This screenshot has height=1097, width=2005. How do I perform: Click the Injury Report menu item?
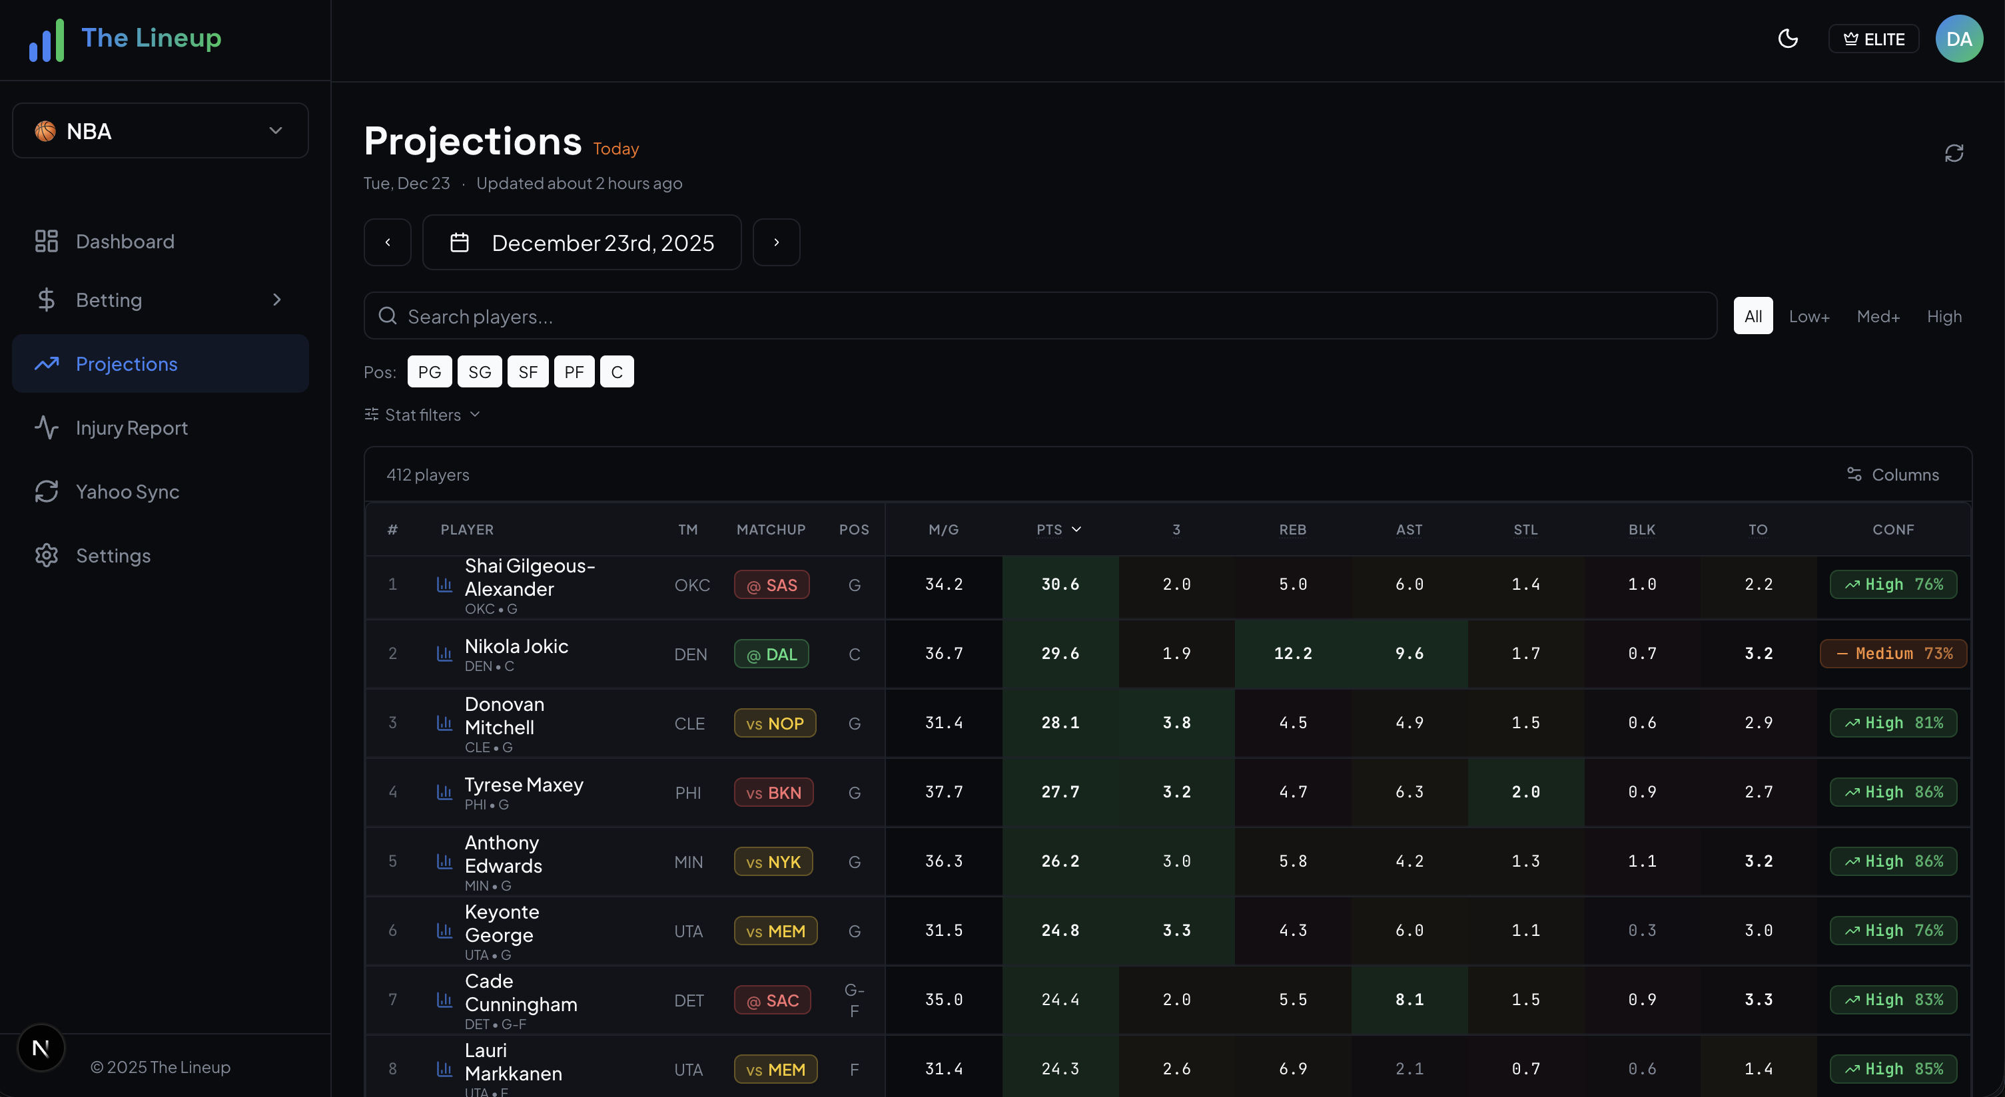[x=131, y=428]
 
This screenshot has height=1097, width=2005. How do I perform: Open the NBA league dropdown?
[x=161, y=130]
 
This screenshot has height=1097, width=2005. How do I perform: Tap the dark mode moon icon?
[x=1788, y=39]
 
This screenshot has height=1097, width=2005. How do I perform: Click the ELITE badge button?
[x=1874, y=39]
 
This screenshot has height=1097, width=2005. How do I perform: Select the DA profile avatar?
[x=1958, y=39]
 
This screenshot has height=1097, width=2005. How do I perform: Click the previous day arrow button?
[x=388, y=243]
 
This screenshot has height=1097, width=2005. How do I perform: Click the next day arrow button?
[x=776, y=243]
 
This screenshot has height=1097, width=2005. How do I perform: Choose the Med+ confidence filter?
[x=1877, y=316]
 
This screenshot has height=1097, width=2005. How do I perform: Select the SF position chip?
[x=528, y=372]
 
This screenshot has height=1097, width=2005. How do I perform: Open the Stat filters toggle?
[x=422, y=415]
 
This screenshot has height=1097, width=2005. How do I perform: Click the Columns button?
[x=1893, y=475]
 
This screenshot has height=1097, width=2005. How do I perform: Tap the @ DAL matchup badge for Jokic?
[x=771, y=654]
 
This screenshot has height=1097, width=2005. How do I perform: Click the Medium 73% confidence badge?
[x=1893, y=654]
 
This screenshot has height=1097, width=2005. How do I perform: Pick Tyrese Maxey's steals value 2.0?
[x=1525, y=792]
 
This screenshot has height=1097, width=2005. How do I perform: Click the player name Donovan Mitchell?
[x=504, y=716]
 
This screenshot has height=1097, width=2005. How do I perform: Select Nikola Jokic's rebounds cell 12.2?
[x=1292, y=654]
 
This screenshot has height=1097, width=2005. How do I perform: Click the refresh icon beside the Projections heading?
[x=1954, y=153]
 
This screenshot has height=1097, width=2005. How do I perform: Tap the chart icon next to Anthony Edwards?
[x=444, y=861]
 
